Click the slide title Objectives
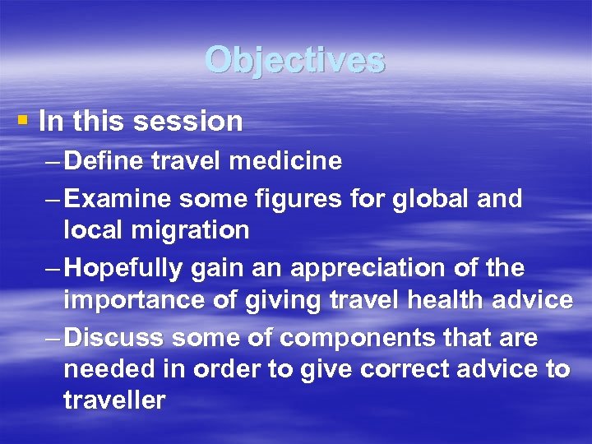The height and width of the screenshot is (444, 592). [295, 60]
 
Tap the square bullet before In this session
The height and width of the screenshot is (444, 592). [22, 120]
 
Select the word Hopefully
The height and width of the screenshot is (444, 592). [126, 269]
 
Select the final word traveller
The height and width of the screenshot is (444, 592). [114, 400]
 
